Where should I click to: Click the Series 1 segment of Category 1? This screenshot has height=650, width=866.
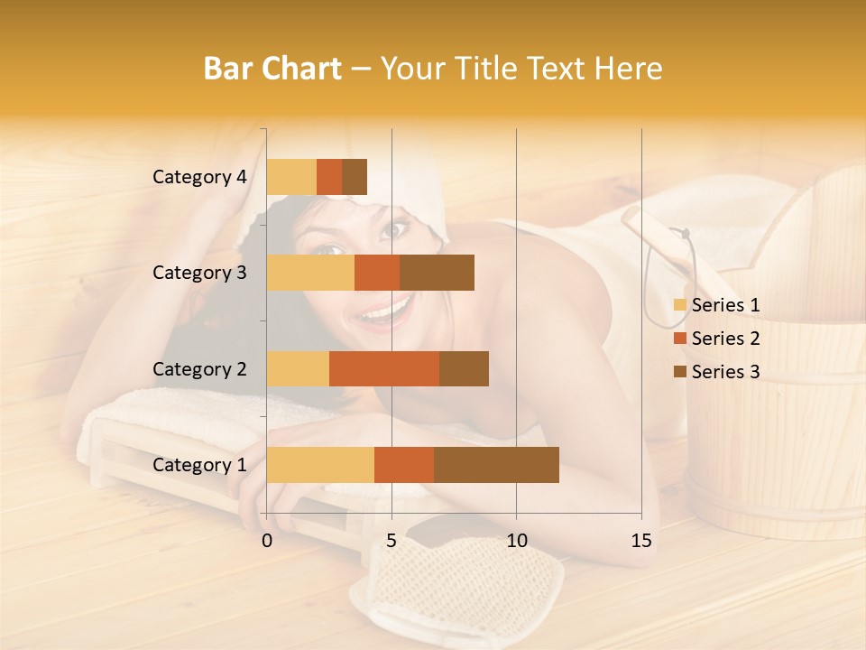click(x=320, y=465)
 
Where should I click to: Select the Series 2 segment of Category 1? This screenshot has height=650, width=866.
click(x=404, y=465)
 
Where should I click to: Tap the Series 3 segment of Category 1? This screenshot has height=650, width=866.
click(x=496, y=465)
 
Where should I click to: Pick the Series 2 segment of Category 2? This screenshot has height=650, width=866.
click(x=384, y=368)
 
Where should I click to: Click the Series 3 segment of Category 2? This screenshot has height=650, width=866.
click(x=464, y=368)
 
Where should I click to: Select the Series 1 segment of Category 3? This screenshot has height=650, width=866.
click(x=310, y=273)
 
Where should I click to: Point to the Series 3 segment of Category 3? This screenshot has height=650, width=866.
click(x=437, y=273)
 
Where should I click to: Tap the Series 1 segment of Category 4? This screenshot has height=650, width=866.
click(x=291, y=177)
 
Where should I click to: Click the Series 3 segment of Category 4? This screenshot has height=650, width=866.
click(x=355, y=177)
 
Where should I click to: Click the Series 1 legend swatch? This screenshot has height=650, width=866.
click(x=679, y=305)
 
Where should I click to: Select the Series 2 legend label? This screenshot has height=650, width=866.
click(x=725, y=339)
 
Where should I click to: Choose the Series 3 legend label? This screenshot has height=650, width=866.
click(x=725, y=372)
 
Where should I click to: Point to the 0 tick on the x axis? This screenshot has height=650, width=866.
click(x=267, y=541)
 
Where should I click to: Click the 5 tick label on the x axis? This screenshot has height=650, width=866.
click(x=392, y=541)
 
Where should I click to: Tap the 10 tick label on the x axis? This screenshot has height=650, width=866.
click(x=516, y=541)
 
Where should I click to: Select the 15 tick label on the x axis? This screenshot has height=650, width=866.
click(x=640, y=541)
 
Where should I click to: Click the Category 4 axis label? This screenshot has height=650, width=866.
click(x=199, y=177)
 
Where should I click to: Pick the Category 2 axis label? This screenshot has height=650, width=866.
click(x=199, y=368)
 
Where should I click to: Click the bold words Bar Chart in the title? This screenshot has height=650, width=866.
click(x=272, y=69)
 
